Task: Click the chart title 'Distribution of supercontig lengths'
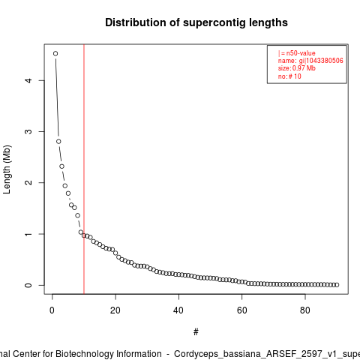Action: [x=196, y=22]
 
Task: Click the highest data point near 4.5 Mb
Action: [x=55, y=53]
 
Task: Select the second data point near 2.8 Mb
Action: [x=58, y=142]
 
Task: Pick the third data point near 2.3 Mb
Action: [x=61, y=166]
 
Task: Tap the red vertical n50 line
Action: [x=84, y=169]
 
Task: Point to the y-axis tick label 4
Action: [x=28, y=80]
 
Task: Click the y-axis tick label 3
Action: [x=28, y=131]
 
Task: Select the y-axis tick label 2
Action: [x=28, y=182]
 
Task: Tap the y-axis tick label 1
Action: [x=28, y=234]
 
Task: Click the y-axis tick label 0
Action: [x=28, y=285]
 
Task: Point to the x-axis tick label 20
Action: [x=115, y=310]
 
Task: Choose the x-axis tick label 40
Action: [x=178, y=310]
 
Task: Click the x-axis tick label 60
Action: [x=241, y=310]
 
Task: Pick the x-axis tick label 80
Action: [x=305, y=310]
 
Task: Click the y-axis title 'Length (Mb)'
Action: [x=7, y=169]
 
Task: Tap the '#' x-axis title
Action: [x=196, y=332]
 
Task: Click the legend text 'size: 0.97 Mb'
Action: [x=297, y=68]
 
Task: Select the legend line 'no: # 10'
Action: [x=289, y=76]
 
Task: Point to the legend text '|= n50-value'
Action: [x=297, y=53]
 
